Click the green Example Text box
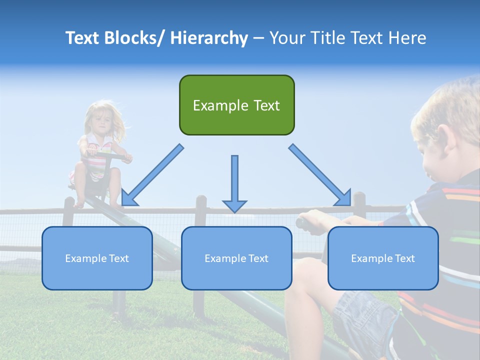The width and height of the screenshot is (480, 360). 236,105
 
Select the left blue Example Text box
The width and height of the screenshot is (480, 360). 97,258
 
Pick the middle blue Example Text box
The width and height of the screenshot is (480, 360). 236,258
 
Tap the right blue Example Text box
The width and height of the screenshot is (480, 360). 383,258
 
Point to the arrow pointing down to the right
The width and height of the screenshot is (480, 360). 320,175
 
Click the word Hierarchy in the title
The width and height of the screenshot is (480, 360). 209,38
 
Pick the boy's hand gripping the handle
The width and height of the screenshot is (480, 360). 313,220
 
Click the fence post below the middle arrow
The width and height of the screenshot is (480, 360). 200,210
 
